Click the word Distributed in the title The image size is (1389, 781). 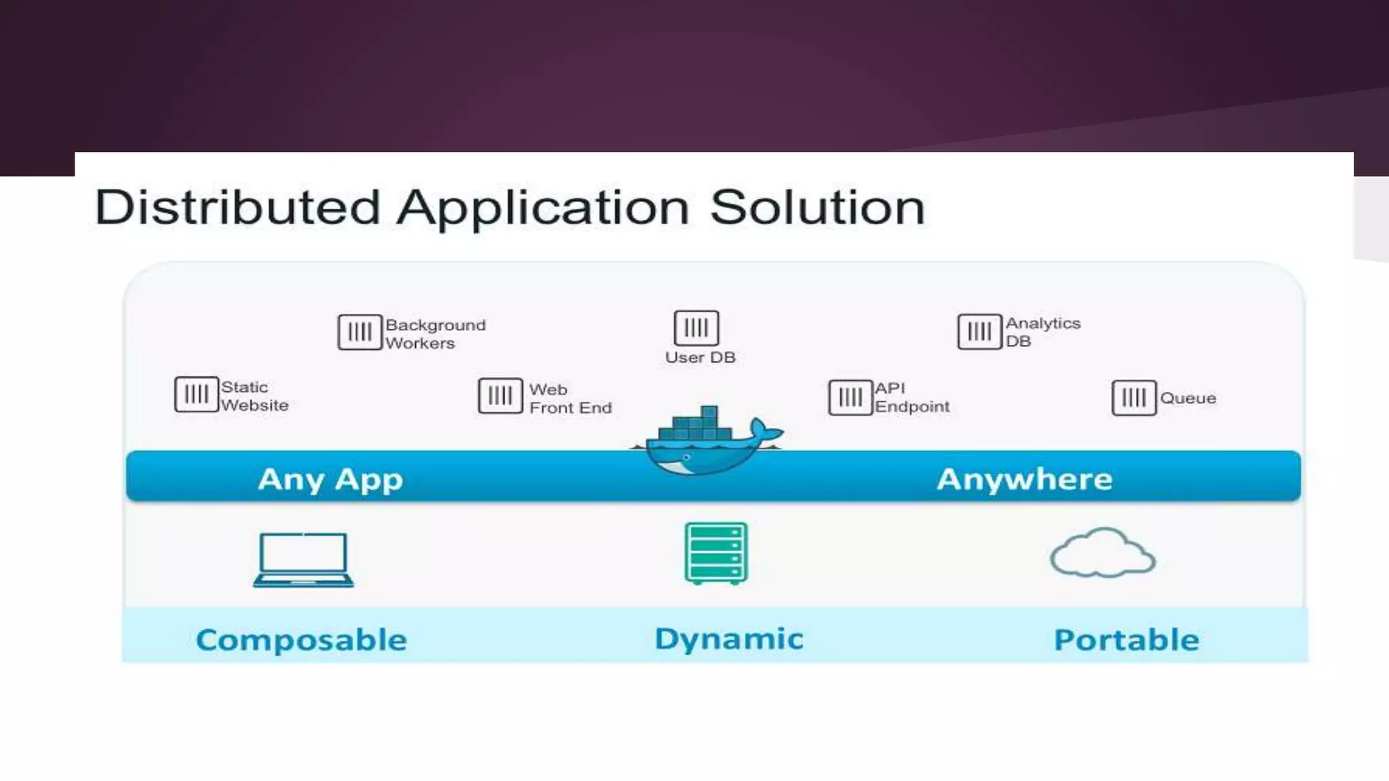[x=237, y=207]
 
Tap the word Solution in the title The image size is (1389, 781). [x=817, y=207]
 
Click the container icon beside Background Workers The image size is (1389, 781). [x=359, y=332]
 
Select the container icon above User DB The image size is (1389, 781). [x=696, y=328]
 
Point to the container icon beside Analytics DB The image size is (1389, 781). [x=979, y=332]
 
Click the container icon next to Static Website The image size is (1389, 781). [x=196, y=395]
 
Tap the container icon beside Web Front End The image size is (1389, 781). [x=500, y=395]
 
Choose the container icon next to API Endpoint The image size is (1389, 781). [x=850, y=397]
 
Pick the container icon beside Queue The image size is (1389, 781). [x=1133, y=397]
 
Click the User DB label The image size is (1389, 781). [x=700, y=357]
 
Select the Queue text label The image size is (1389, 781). [x=1188, y=398]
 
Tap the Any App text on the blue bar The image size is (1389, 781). [x=330, y=479]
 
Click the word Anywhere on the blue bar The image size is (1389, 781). [x=1024, y=479]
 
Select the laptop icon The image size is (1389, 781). [x=303, y=559]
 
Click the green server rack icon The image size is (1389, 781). [x=716, y=553]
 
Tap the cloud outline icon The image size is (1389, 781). [x=1102, y=553]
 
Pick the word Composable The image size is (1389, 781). [x=301, y=640]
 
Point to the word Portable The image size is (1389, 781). [x=1126, y=640]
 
